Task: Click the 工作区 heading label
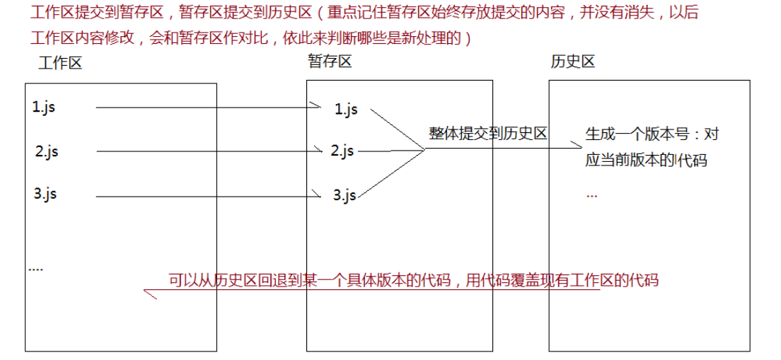[59, 63]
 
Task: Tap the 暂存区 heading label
[330, 62]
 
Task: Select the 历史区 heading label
[573, 62]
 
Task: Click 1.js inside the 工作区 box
[43, 107]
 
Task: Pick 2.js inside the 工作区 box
[47, 151]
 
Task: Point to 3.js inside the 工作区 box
[45, 193]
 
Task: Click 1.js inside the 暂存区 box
[346, 109]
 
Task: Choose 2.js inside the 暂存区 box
[342, 150]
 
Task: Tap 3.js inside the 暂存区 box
[345, 194]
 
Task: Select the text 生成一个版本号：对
[652, 134]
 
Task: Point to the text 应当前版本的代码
[647, 161]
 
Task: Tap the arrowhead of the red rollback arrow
[149, 294]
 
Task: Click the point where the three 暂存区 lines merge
[424, 149]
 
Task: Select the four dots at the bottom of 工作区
[36, 269]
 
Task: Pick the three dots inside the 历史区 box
[591, 196]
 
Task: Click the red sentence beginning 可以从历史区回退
[413, 280]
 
